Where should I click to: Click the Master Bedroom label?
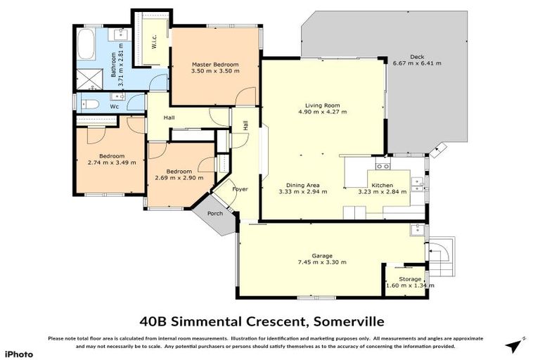point(215,65)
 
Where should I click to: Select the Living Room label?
point(322,105)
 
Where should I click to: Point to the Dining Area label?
point(298,184)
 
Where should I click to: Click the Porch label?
point(214,214)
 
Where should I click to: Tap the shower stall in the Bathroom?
point(88,77)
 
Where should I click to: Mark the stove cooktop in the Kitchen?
point(382,167)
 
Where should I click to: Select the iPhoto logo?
point(19,352)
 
